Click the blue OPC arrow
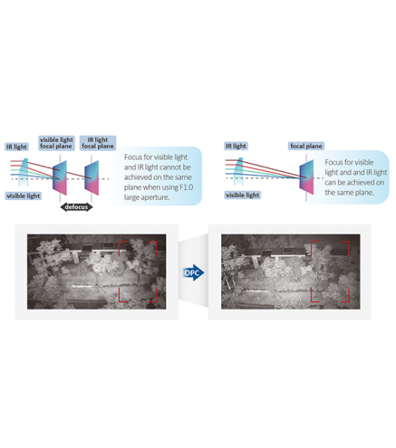tap(194, 272)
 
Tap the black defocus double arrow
tap(76, 207)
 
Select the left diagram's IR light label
tap(17, 147)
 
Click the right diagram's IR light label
tap(236, 146)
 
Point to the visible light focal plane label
tap(56, 143)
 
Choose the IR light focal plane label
tap(98, 143)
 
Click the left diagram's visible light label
tap(24, 195)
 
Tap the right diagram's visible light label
tap(243, 195)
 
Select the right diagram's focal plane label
tap(306, 146)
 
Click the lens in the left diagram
tap(24, 171)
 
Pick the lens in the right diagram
tap(238, 171)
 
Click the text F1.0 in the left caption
tap(187, 187)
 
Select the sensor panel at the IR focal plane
tap(92, 178)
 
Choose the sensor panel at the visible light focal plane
tap(60, 178)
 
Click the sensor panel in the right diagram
tap(306, 177)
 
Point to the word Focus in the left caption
tap(133, 157)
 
